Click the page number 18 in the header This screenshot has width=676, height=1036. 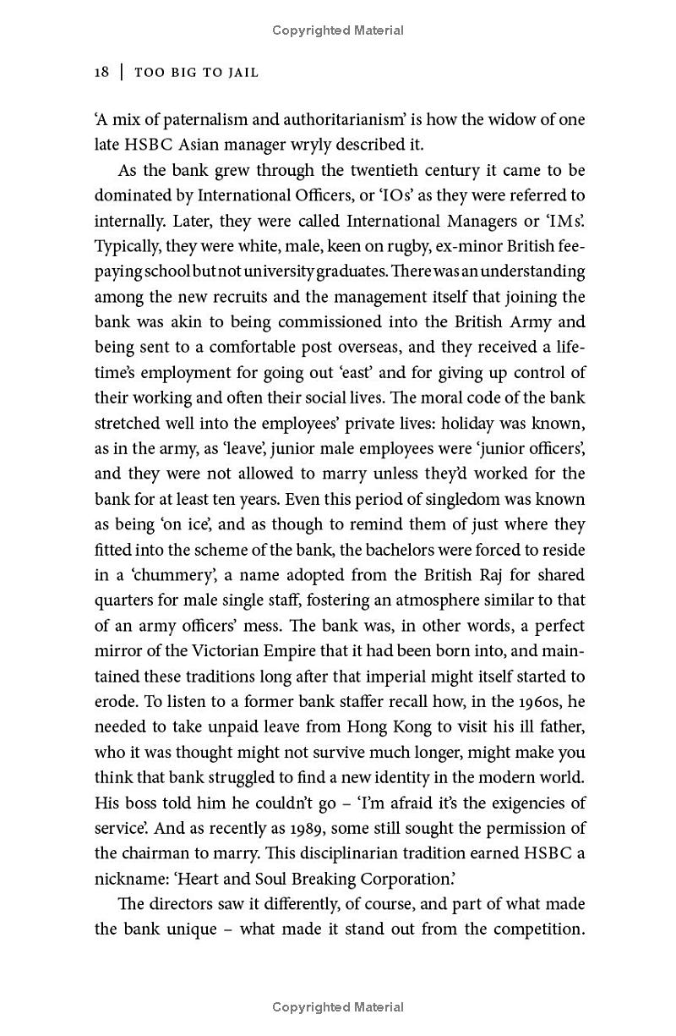(101, 73)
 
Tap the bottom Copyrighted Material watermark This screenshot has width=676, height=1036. (338, 1006)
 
